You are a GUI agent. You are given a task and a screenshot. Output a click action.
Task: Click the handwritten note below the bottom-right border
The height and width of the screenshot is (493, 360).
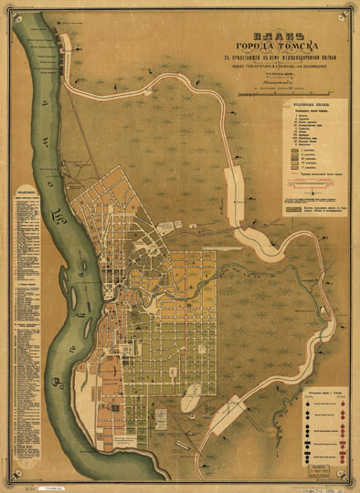323,486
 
